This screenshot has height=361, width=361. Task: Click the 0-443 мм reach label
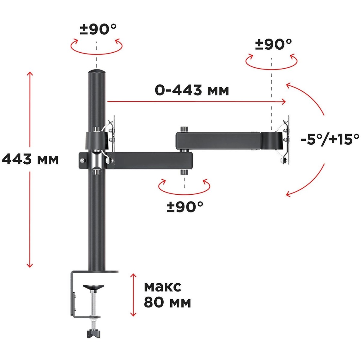coord(192,90)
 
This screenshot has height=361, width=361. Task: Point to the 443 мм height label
coord(30,159)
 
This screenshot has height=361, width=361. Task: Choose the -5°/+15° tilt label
coord(330,140)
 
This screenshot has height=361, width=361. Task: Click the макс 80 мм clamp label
coord(167,295)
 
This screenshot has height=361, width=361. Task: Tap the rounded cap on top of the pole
coord(97,72)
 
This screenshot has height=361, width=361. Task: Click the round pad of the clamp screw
coord(93,287)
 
